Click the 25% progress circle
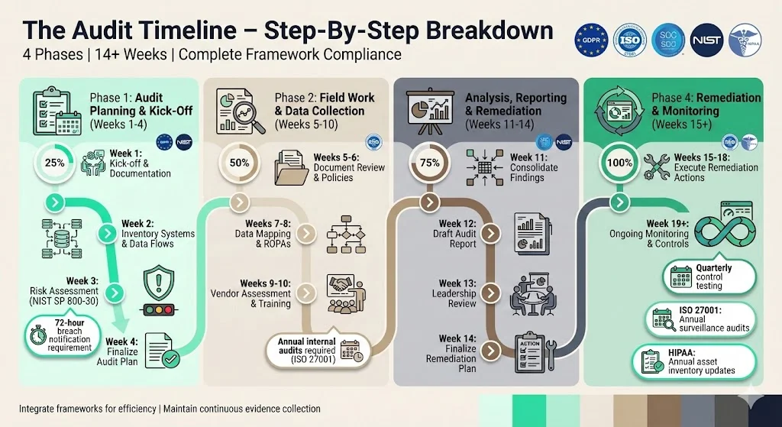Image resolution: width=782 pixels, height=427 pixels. click(55, 163)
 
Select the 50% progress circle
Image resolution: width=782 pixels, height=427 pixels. click(240, 163)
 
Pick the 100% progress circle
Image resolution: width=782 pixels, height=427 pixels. click(619, 163)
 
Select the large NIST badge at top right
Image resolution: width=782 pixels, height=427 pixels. click(707, 40)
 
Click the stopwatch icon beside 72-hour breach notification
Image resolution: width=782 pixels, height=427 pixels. click(38, 337)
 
